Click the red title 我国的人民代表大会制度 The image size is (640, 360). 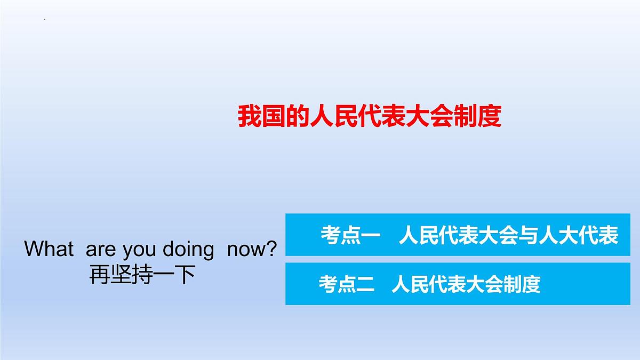(x=370, y=117)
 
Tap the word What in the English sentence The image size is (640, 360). (x=49, y=249)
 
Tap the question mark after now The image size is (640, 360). (x=272, y=249)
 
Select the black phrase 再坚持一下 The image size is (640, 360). (x=141, y=275)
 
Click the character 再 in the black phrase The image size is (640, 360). (x=99, y=275)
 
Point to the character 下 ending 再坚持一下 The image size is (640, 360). (x=185, y=275)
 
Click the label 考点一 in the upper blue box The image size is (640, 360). (x=349, y=235)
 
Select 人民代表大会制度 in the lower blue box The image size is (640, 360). (x=466, y=284)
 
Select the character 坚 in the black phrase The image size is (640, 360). (x=121, y=275)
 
